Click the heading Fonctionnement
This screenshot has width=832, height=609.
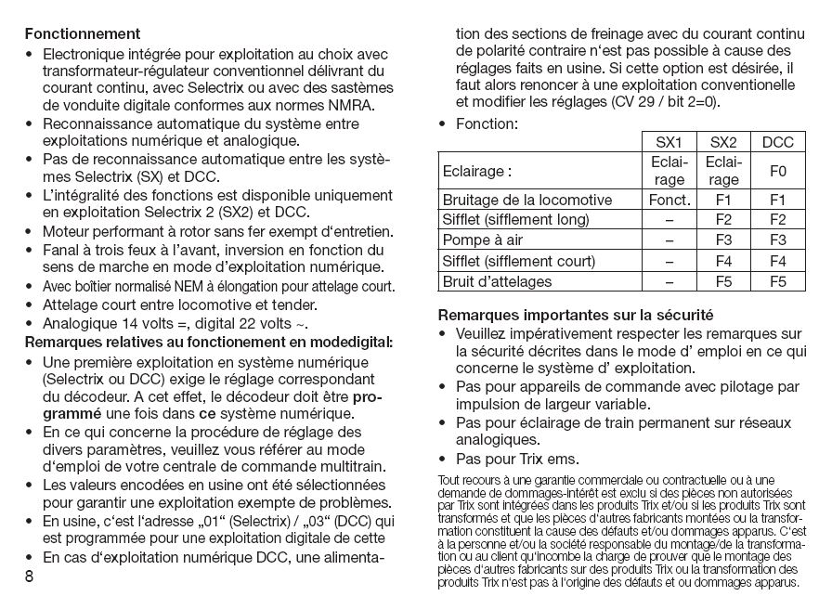(x=83, y=34)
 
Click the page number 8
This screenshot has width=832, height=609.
(x=30, y=577)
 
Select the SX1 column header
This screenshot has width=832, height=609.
(x=669, y=143)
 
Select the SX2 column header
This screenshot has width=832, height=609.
(x=723, y=143)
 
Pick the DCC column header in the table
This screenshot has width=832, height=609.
(x=777, y=143)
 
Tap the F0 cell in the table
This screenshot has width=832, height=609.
(x=777, y=172)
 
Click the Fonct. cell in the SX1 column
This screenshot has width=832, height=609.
(x=669, y=200)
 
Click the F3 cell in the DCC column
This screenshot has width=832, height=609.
(x=777, y=240)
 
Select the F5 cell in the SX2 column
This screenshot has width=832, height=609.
(x=723, y=281)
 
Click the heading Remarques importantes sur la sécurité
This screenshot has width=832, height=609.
(x=575, y=314)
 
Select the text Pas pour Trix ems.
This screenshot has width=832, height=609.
(x=516, y=459)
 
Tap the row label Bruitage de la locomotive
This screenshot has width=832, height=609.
(x=526, y=200)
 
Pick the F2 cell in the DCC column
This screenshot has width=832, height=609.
(x=777, y=220)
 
